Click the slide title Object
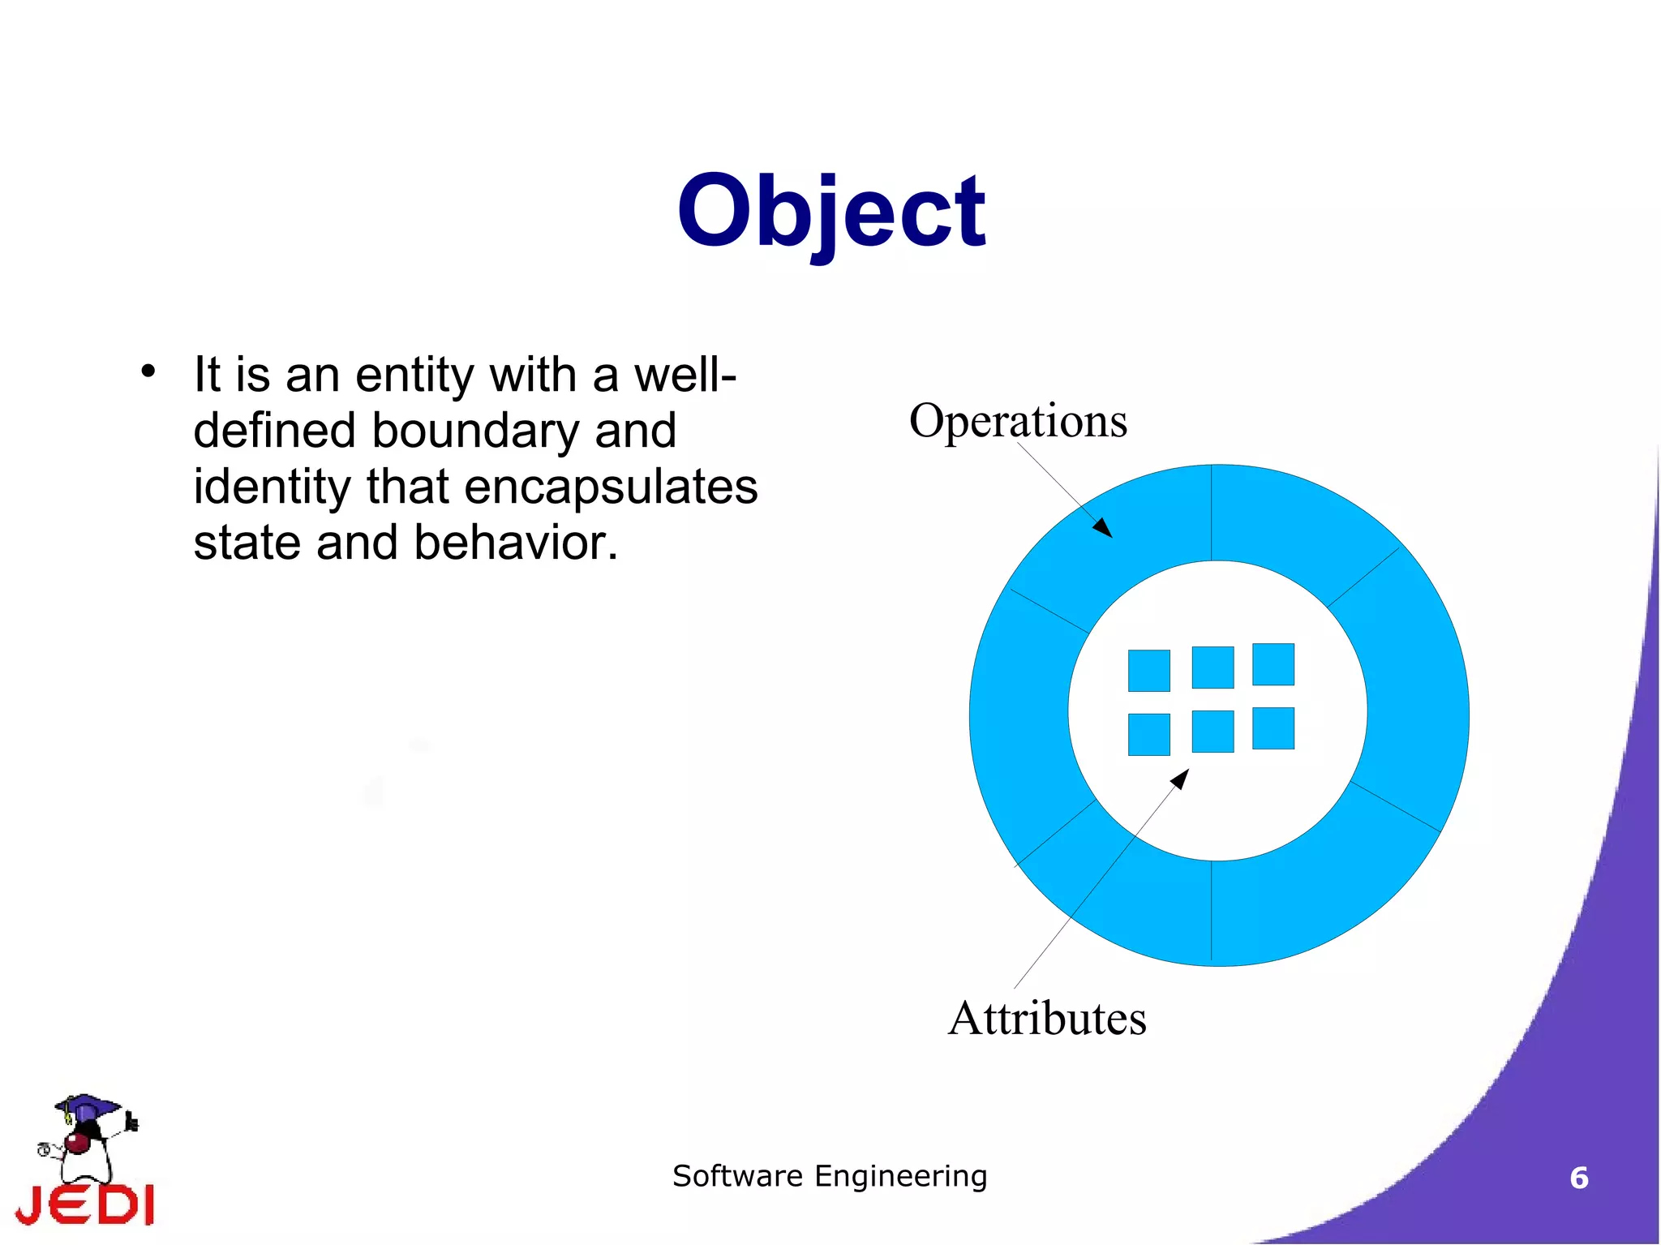pyautogui.click(x=830, y=213)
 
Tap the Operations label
pyautogui.click(x=1018, y=421)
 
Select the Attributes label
pyautogui.click(x=1047, y=1018)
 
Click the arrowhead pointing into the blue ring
pyautogui.click(x=1104, y=529)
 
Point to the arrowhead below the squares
pyautogui.click(x=1181, y=779)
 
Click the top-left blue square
pyautogui.click(x=1148, y=671)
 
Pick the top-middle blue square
pyautogui.click(x=1212, y=667)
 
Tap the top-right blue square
pyautogui.click(x=1273, y=664)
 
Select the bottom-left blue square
pyautogui.click(x=1148, y=734)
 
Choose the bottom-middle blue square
pyautogui.click(x=1212, y=731)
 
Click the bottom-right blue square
pyautogui.click(x=1273, y=728)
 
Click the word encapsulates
pyautogui.click(x=610, y=487)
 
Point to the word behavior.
pyautogui.click(x=516, y=543)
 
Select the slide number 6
pyautogui.click(x=1578, y=1178)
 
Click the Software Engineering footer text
pyautogui.click(x=830, y=1176)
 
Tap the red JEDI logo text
pyautogui.click(x=86, y=1204)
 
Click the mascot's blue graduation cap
pyautogui.click(x=87, y=1105)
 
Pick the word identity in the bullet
pyautogui.click(x=271, y=487)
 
